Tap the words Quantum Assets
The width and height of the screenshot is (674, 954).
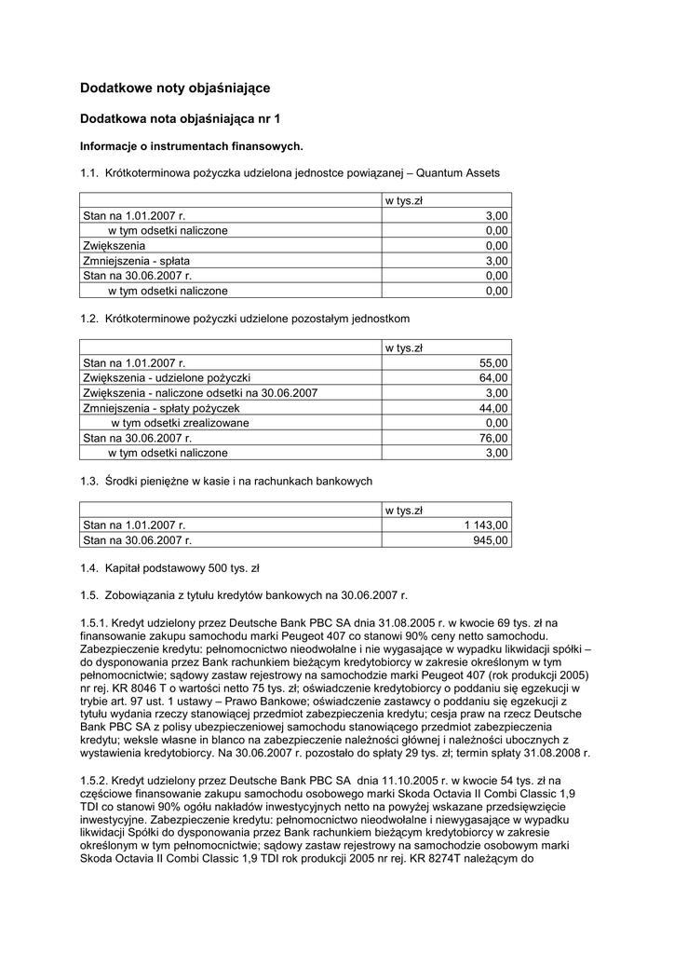coord(458,172)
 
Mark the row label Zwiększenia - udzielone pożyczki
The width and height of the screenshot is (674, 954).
coord(167,377)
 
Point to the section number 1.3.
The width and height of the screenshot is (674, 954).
coord(89,481)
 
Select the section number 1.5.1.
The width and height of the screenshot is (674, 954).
coord(95,622)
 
